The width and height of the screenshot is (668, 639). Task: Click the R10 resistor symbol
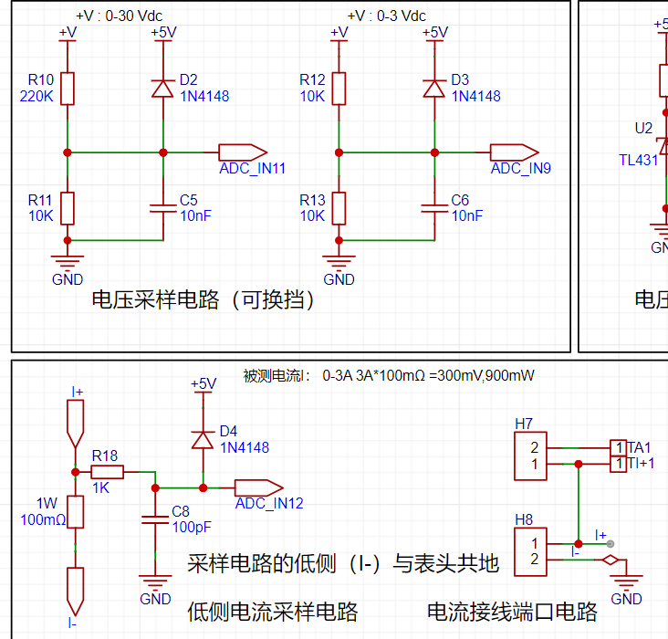click(x=68, y=89)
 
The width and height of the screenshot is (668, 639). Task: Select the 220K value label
click(x=37, y=97)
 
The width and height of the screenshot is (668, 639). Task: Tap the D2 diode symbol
click(x=163, y=89)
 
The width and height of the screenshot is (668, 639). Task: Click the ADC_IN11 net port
click(x=243, y=152)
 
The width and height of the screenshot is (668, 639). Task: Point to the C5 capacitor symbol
click(x=163, y=208)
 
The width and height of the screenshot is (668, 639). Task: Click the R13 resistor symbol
click(x=339, y=208)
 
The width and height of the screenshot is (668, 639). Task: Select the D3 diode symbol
click(x=434, y=89)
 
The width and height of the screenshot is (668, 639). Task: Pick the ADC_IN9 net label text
click(x=520, y=168)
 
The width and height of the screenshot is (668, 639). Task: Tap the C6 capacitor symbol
click(x=434, y=208)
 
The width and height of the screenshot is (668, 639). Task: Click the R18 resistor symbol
click(x=108, y=472)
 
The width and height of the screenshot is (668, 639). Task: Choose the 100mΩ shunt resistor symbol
click(x=76, y=512)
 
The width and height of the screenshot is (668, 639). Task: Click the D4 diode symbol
click(x=204, y=440)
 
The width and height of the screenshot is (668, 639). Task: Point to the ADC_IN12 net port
click(x=259, y=487)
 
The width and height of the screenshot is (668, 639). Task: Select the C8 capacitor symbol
click(x=155, y=519)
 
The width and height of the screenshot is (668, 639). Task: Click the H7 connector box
click(x=530, y=456)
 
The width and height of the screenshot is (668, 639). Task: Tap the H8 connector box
click(x=530, y=552)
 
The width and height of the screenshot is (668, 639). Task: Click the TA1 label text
click(x=639, y=447)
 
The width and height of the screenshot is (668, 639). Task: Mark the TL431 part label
click(x=639, y=161)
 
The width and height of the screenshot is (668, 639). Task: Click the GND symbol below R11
click(x=68, y=261)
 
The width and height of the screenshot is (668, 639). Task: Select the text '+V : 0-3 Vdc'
click(x=387, y=16)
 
